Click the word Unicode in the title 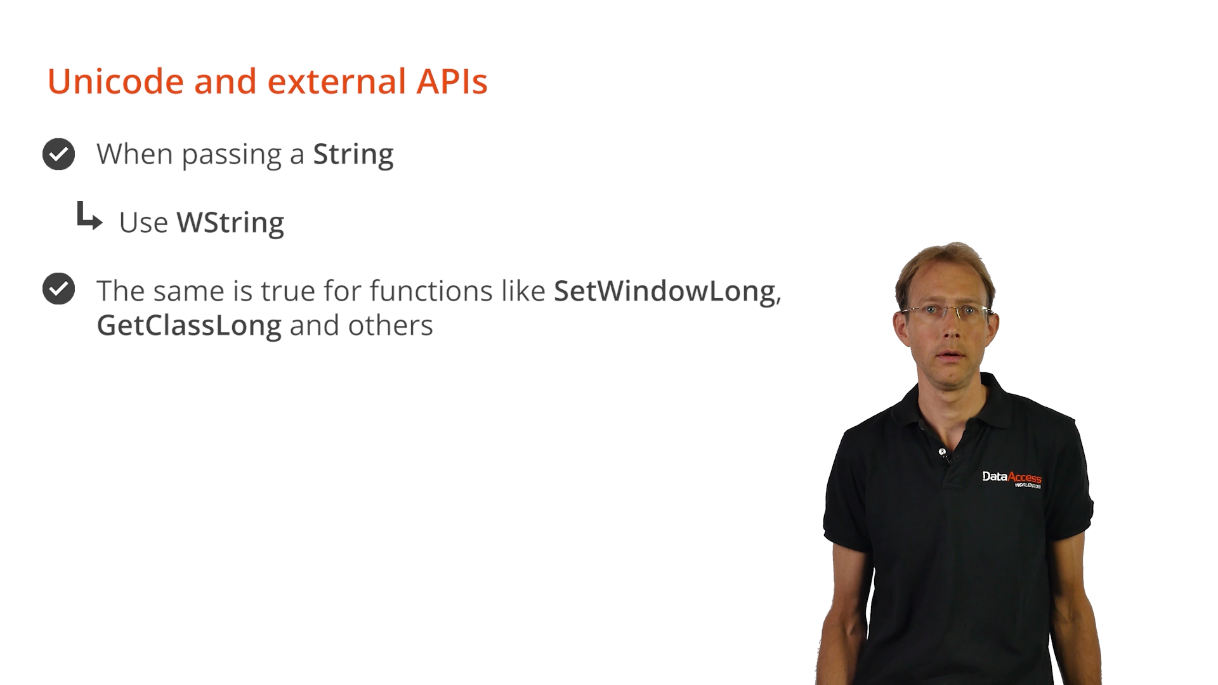coord(115,81)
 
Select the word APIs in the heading coord(452,81)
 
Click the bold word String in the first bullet coord(353,155)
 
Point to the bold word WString coord(230,223)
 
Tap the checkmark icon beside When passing coord(58,154)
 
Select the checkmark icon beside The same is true coord(58,289)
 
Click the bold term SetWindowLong coord(665,292)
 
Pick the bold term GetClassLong coord(189,326)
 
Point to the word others coord(390,325)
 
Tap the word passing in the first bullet coord(232,155)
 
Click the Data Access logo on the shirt coord(1012,479)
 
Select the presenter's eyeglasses coord(947,311)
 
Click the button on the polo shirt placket coord(943,452)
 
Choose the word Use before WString coord(143,223)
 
